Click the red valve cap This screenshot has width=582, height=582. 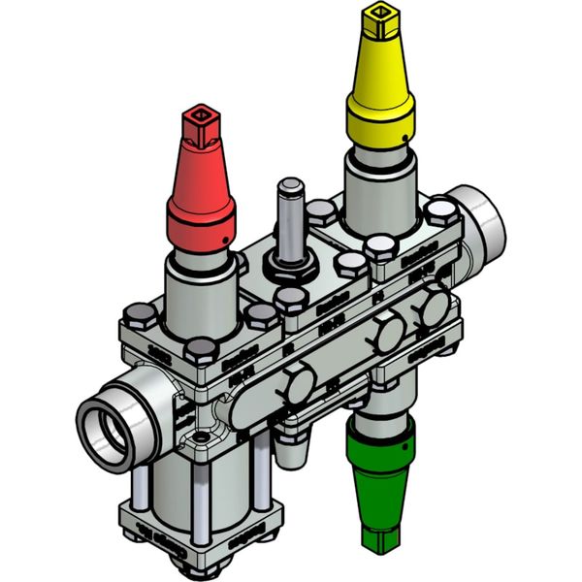tap(202, 194)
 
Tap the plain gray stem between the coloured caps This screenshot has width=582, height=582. tap(289, 217)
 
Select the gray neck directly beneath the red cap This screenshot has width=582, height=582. tap(200, 291)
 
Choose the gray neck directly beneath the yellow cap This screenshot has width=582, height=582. tap(379, 194)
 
